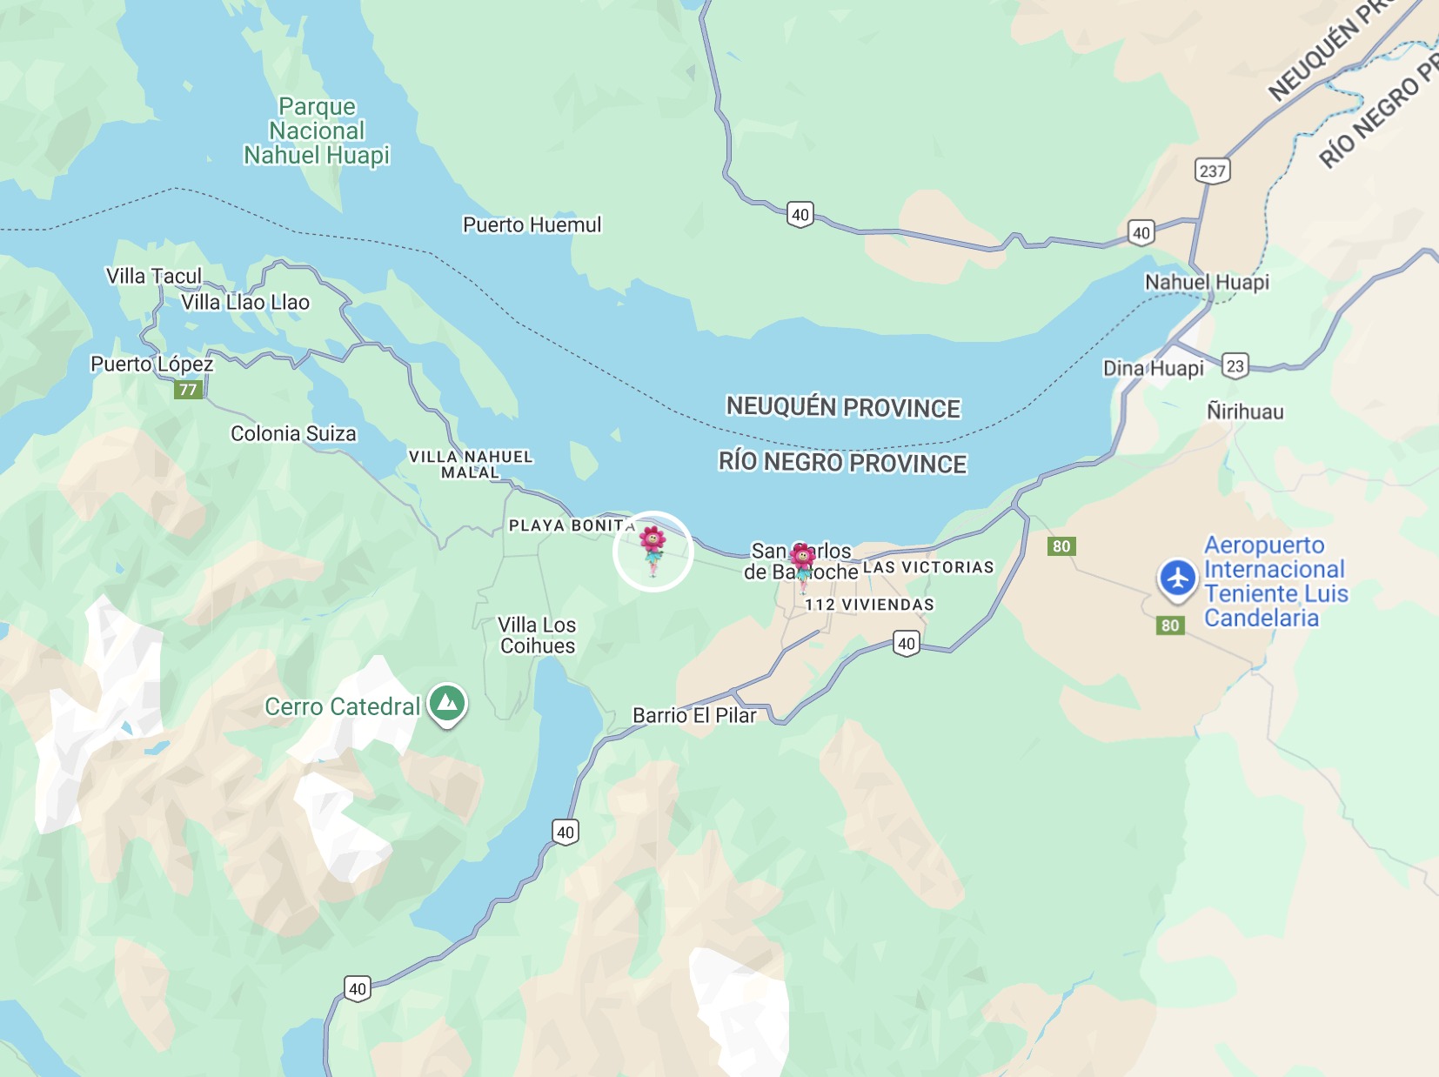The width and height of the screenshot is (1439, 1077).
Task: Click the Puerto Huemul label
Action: point(532,224)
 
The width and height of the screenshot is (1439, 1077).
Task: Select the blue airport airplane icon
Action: point(1178,579)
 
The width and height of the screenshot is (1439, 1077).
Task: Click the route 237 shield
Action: point(1212,171)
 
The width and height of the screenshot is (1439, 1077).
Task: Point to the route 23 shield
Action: point(1235,365)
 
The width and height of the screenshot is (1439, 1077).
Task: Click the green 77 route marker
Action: point(188,390)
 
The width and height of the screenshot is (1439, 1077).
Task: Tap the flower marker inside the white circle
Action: point(653,548)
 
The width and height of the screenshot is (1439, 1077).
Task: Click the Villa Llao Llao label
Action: point(245,303)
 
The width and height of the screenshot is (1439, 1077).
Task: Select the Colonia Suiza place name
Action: point(293,433)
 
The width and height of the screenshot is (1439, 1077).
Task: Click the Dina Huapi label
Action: point(1153,368)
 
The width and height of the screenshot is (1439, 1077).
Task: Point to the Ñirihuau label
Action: point(1244,411)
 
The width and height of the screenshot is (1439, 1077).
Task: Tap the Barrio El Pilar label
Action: point(694,715)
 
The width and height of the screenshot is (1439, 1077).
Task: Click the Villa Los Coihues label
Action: point(537,635)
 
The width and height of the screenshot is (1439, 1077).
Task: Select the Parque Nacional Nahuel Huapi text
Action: point(317,130)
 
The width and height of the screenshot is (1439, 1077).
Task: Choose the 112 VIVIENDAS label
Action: point(869,605)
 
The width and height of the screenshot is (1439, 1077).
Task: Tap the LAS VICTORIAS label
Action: point(928,567)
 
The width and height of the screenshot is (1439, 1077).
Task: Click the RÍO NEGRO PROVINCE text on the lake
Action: point(842,463)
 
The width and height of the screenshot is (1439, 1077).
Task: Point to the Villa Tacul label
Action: point(154,276)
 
